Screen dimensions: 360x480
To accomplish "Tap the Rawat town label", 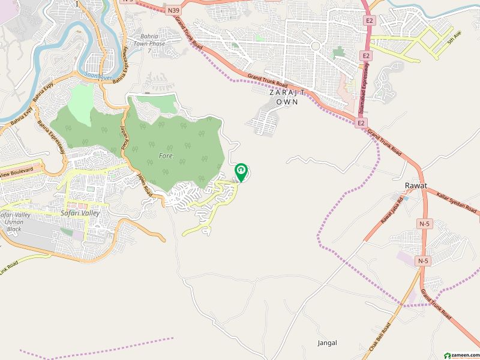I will click(x=415, y=186).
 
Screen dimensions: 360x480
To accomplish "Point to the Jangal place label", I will click(x=328, y=343).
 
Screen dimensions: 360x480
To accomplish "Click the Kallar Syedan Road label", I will click(x=457, y=203).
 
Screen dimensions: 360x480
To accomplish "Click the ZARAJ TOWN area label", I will click(x=287, y=97).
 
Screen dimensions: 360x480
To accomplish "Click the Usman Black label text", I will click(x=13, y=226).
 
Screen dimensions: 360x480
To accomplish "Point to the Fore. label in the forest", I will click(x=166, y=155).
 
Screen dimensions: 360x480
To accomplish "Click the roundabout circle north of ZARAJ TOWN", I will click(x=314, y=45).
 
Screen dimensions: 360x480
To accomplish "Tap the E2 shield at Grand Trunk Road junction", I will click(x=361, y=123).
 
